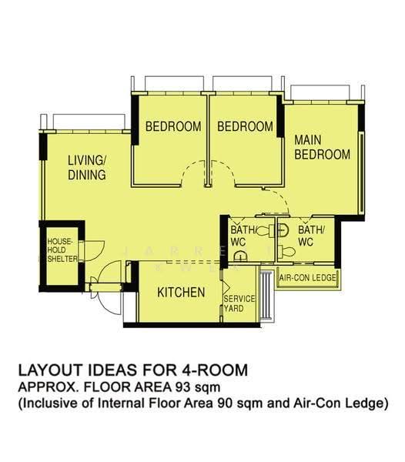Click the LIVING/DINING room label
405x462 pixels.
pyautogui.click(x=87, y=168)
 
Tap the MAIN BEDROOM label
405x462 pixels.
pyautogui.click(x=323, y=147)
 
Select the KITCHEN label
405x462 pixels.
pyautogui.click(x=181, y=293)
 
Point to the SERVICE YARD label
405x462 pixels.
pyautogui.click(x=239, y=303)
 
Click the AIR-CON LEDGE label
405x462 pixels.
pyautogui.click(x=307, y=277)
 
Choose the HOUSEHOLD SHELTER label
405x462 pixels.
pyautogui.click(x=62, y=250)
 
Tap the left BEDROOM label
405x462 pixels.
pyautogui.click(x=173, y=126)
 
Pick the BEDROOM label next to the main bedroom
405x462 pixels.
pyautogui.click(x=245, y=126)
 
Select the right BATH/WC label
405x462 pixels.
pyautogui.click(x=311, y=236)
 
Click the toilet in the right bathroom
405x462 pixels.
pyautogui.click(x=286, y=251)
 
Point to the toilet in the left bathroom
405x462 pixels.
pyautogui.click(x=265, y=230)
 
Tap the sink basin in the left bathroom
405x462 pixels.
pyautogui.click(x=240, y=256)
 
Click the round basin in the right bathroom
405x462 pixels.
pyautogui.click(x=283, y=229)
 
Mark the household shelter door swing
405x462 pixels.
pyautogui.click(x=94, y=250)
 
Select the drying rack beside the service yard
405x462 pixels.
pyautogui.click(x=266, y=295)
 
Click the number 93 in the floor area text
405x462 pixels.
pyautogui.click(x=183, y=387)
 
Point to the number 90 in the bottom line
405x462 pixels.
pyautogui.click(x=224, y=403)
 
